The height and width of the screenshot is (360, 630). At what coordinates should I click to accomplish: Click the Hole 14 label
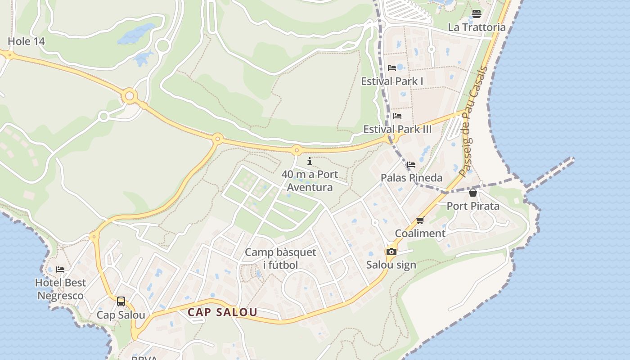coord(27,41)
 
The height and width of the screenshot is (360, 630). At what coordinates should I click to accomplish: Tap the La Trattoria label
coord(477,27)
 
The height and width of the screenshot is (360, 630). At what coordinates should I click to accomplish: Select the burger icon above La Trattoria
coord(477,14)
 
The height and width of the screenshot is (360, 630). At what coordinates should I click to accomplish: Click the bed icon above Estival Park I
coord(392,68)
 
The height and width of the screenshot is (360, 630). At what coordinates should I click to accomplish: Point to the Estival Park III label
coord(397,130)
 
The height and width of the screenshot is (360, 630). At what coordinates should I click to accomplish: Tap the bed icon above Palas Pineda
coord(411,165)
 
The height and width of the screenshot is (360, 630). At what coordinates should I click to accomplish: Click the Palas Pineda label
coord(411,178)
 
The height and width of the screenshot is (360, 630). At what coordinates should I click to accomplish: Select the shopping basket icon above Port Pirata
coord(473,193)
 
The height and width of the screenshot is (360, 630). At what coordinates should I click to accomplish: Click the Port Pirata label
coord(473,206)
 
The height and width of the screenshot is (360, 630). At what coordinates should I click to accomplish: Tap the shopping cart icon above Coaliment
coord(420,220)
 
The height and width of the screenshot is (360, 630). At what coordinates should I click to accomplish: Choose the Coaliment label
coord(420,234)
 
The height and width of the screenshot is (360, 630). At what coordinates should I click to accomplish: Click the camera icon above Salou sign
coord(391,252)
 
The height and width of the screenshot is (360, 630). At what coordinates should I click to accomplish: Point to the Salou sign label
coord(391,265)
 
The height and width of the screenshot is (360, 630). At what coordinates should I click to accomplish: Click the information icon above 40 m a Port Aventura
coord(310,161)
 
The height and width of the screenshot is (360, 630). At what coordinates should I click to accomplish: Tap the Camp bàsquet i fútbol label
coord(280,259)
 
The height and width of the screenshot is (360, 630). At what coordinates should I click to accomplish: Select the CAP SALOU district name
coord(222,312)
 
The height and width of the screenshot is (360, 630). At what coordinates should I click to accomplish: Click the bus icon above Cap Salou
coord(121,301)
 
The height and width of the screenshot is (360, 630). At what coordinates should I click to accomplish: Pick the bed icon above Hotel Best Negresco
coord(60,270)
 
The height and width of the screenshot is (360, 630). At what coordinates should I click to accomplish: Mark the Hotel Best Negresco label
coord(60,289)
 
